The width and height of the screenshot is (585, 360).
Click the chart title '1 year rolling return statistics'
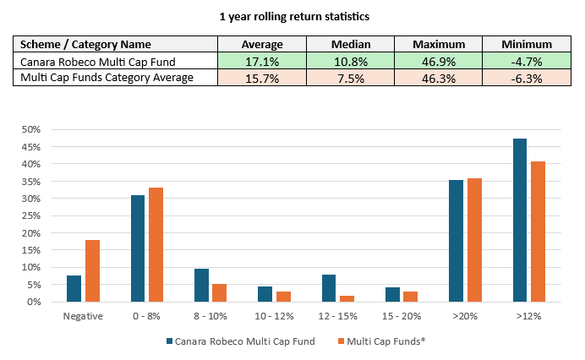292,16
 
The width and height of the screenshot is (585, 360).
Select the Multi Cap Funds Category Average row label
107,76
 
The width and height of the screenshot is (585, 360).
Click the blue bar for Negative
74,288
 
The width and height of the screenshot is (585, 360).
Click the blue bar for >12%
520,220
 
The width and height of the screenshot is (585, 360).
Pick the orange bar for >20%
474,240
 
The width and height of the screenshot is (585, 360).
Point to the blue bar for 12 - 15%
329,288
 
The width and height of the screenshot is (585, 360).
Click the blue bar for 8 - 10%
201,285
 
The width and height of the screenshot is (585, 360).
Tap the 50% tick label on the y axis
31,129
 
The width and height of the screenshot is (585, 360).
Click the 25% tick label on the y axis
31,215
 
